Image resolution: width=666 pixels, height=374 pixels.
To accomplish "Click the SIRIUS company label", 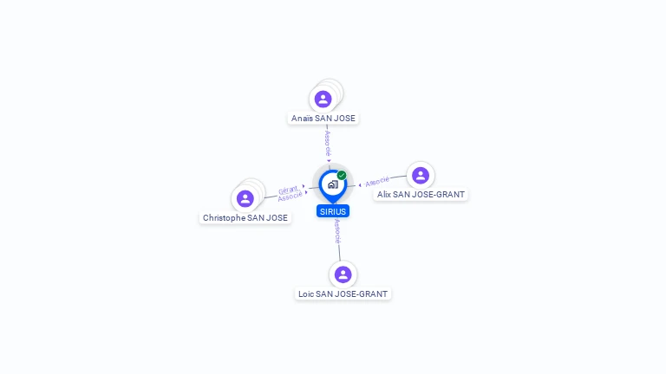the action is [333, 211].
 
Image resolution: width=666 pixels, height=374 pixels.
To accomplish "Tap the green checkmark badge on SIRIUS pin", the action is [342, 175].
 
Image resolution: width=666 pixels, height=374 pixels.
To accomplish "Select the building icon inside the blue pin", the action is [333, 184].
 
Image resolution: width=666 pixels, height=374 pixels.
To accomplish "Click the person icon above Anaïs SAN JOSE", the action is [323, 100].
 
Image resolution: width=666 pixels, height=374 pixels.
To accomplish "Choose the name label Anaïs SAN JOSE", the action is [323, 119].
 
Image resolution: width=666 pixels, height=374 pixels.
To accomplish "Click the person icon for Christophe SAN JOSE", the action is [245, 198].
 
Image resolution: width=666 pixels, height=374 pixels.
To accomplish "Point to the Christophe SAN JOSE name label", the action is [245, 218].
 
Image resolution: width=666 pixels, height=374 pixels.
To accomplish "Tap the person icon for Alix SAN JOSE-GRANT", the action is [421, 175].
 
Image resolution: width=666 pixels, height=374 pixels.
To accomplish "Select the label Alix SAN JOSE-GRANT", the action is [421, 195].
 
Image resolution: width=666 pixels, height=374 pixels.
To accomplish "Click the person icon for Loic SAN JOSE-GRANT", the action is [343, 274].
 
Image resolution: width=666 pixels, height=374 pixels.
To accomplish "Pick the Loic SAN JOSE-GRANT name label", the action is [343, 293].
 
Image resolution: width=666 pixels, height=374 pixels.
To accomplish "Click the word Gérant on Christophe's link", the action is [288, 190].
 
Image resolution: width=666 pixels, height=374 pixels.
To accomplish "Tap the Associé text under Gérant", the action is [291, 197].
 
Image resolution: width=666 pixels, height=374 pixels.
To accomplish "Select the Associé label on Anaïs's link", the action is [328, 144].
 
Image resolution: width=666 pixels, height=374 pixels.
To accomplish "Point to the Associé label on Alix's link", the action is [377, 182].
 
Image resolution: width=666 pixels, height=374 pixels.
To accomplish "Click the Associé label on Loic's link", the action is [337, 231].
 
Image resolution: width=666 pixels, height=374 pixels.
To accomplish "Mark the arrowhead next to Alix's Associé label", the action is [360, 185].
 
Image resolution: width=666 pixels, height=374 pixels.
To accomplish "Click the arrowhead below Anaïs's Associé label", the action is [329, 161].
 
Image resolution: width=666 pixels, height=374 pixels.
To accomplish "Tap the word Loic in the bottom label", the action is [306, 293].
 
